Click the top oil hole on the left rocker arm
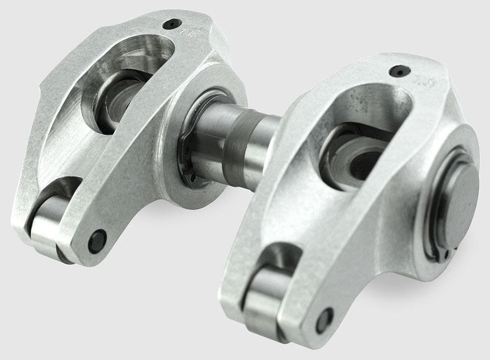pyautogui.click(x=171, y=24)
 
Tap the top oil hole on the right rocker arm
pyautogui.click(x=396, y=71)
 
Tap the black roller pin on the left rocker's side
pyautogui.click(x=97, y=241)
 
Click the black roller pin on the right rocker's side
pyautogui.click(x=324, y=319)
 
